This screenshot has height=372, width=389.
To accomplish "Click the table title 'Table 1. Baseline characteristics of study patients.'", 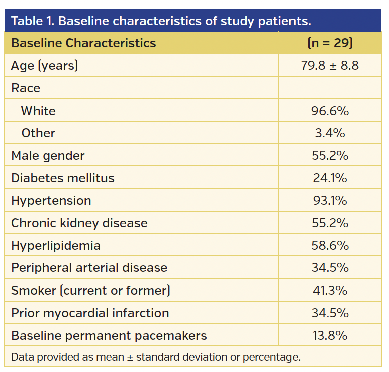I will (161, 21).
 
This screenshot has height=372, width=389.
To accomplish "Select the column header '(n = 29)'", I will (330, 43).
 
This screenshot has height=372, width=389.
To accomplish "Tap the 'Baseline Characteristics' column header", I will (83, 43).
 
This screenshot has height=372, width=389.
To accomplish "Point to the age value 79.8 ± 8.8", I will (330, 65).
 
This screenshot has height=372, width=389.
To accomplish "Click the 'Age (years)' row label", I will (45, 65).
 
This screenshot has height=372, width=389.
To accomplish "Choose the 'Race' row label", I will (26, 88).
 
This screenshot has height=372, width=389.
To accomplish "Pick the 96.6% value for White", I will (330, 111).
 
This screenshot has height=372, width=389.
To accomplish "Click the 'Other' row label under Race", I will (38, 133).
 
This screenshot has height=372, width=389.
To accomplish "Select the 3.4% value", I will (330, 133).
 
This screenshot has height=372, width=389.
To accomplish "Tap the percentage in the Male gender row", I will (330, 155).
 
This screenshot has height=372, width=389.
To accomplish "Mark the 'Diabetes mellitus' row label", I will (63, 178).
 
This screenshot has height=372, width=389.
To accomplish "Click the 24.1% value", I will (330, 178).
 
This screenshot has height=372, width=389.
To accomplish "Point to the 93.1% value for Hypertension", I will (330, 201).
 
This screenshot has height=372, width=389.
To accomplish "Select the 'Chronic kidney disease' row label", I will (79, 223).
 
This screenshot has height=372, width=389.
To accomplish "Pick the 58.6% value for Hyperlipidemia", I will (330, 245).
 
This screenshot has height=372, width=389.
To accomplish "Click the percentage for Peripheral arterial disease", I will (330, 268).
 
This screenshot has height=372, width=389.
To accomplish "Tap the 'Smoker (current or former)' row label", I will (91, 290).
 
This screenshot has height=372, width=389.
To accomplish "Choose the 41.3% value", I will (330, 290).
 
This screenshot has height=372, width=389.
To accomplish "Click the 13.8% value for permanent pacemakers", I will (330, 335).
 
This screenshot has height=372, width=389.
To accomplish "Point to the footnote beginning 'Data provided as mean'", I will (156, 357).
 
